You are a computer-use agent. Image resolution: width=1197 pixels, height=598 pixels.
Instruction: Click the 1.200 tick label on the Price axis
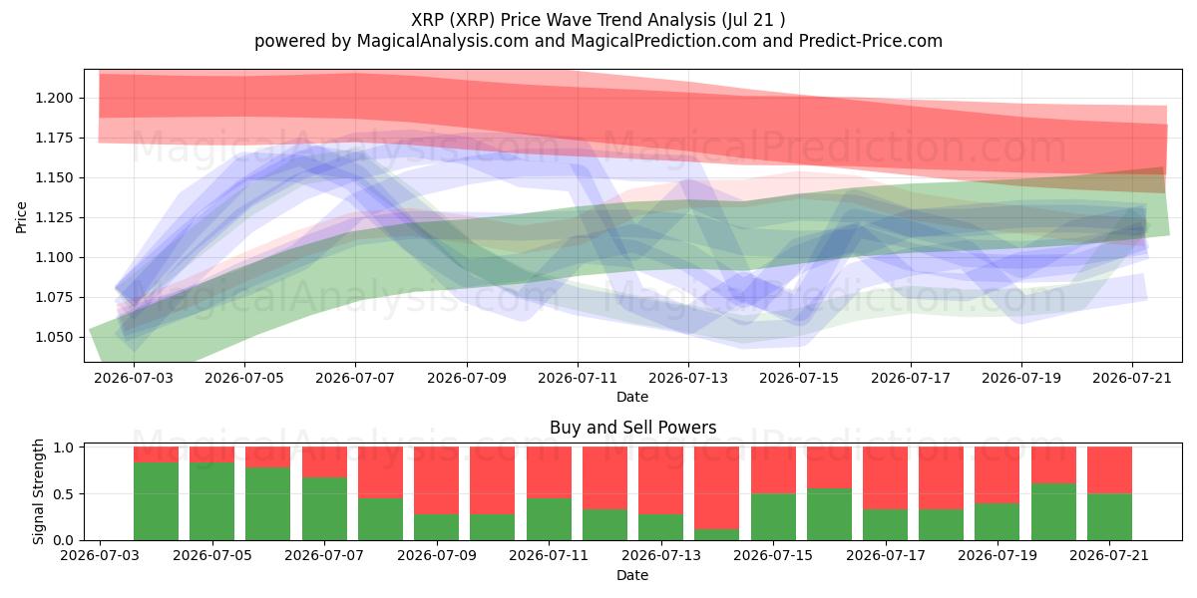coord(54,99)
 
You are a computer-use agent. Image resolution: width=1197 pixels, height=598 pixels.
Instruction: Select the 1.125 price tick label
coord(54,218)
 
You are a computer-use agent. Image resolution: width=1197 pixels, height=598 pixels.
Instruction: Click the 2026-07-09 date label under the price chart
coord(467,378)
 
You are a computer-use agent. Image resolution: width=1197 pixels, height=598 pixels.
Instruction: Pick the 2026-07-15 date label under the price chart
coord(799,378)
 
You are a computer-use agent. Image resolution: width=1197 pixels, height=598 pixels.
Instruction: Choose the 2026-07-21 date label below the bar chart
coord(1109,555)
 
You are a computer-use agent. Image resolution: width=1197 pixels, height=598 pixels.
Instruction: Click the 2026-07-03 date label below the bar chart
coord(100,555)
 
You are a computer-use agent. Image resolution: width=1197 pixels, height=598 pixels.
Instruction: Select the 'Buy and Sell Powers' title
coord(632,428)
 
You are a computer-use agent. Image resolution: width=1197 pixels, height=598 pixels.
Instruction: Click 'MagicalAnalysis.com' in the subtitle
coord(443,41)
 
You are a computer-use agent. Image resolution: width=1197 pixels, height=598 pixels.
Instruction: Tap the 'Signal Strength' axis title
coord(38,491)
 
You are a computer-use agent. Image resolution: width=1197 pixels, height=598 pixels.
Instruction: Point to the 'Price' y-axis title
coord(21,218)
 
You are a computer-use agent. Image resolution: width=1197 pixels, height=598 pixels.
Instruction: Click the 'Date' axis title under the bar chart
coord(632,575)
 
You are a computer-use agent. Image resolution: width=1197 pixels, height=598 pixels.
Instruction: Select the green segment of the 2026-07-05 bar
coord(212,501)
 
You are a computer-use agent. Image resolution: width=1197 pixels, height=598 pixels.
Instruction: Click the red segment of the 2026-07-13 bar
coord(660,480)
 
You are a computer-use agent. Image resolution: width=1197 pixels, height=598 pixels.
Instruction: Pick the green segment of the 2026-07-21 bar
coord(1109,517)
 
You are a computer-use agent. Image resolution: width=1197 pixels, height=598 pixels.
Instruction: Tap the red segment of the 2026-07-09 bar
coord(437,480)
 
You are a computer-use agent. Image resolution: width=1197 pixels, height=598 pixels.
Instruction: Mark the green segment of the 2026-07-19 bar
coord(997,521)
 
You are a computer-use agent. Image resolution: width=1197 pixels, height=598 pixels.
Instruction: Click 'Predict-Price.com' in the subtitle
coord(871,41)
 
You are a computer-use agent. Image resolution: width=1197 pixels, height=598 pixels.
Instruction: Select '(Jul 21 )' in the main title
coord(753,20)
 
